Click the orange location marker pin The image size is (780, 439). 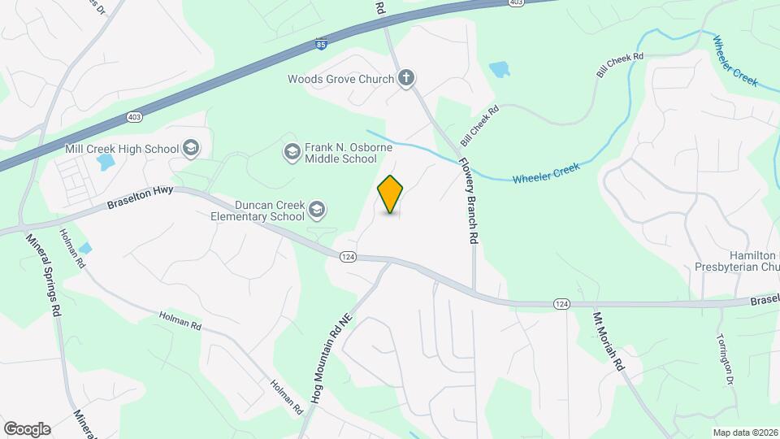tap(391, 194)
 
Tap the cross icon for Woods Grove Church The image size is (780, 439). tap(407, 79)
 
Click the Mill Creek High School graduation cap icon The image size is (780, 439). tap(191, 148)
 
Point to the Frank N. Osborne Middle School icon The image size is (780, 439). tap(291, 152)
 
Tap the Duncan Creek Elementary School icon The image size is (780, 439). tap(317, 211)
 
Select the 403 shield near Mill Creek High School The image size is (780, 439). tap(132, 118)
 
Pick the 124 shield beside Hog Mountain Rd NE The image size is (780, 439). tap(347, 257)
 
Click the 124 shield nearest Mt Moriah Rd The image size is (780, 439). tap(561, 303)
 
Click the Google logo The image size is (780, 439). tap(27, 428)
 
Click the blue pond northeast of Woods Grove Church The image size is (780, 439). tap(499, 69)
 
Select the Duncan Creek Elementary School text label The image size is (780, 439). tap(257, 211)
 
